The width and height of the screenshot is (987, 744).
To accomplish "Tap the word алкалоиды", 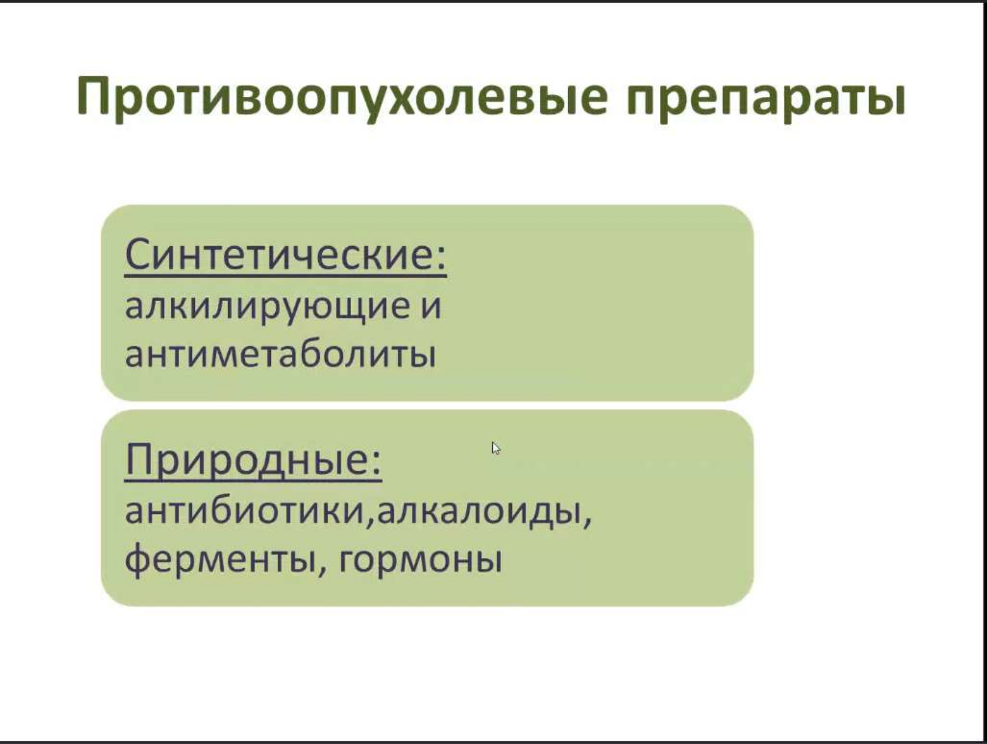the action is [x=478, y=513].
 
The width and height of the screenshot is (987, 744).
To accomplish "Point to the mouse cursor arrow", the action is [x=496, y=448].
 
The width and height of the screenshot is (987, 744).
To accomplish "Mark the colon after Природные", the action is [x=376, y=465].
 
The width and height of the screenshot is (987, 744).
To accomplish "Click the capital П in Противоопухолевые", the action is [x=98, y=95].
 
